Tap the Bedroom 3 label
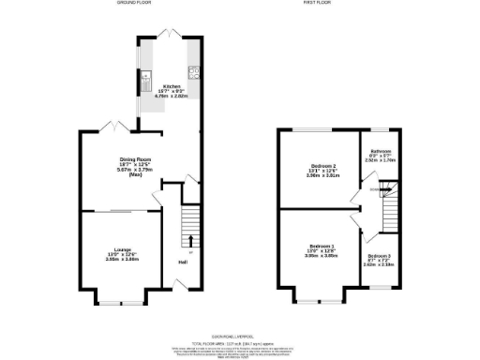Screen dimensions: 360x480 tap(379, 256)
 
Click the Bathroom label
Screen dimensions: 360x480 tap(379, 151)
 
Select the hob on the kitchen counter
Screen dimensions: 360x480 tap(193, 70)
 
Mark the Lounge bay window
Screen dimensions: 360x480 tap(118, 302)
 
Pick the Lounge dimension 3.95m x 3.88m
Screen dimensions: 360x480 tap(120, 260)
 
